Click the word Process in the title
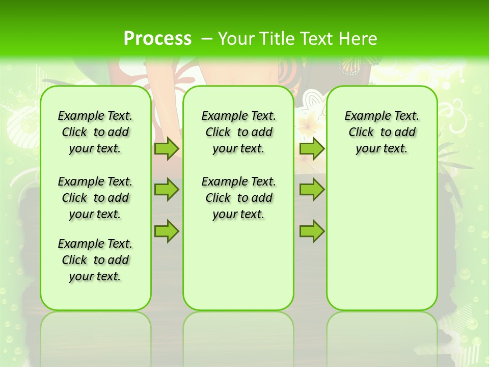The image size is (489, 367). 157,39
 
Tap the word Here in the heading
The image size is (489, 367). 358,39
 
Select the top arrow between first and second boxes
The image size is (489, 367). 167,148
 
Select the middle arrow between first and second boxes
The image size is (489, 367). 167,190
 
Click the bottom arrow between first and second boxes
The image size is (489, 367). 167,231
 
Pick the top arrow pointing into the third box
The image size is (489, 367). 312,148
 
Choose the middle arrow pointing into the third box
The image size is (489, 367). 312,190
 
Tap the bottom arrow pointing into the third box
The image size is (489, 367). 312,231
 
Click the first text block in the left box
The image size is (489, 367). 95,132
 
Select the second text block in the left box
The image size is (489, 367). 95,198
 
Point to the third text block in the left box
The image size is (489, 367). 95,260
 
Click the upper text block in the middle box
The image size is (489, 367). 238,132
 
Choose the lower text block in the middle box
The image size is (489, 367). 238,198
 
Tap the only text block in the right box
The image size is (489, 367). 382,132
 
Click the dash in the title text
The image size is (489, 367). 207,39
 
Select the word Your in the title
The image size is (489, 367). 236,39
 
